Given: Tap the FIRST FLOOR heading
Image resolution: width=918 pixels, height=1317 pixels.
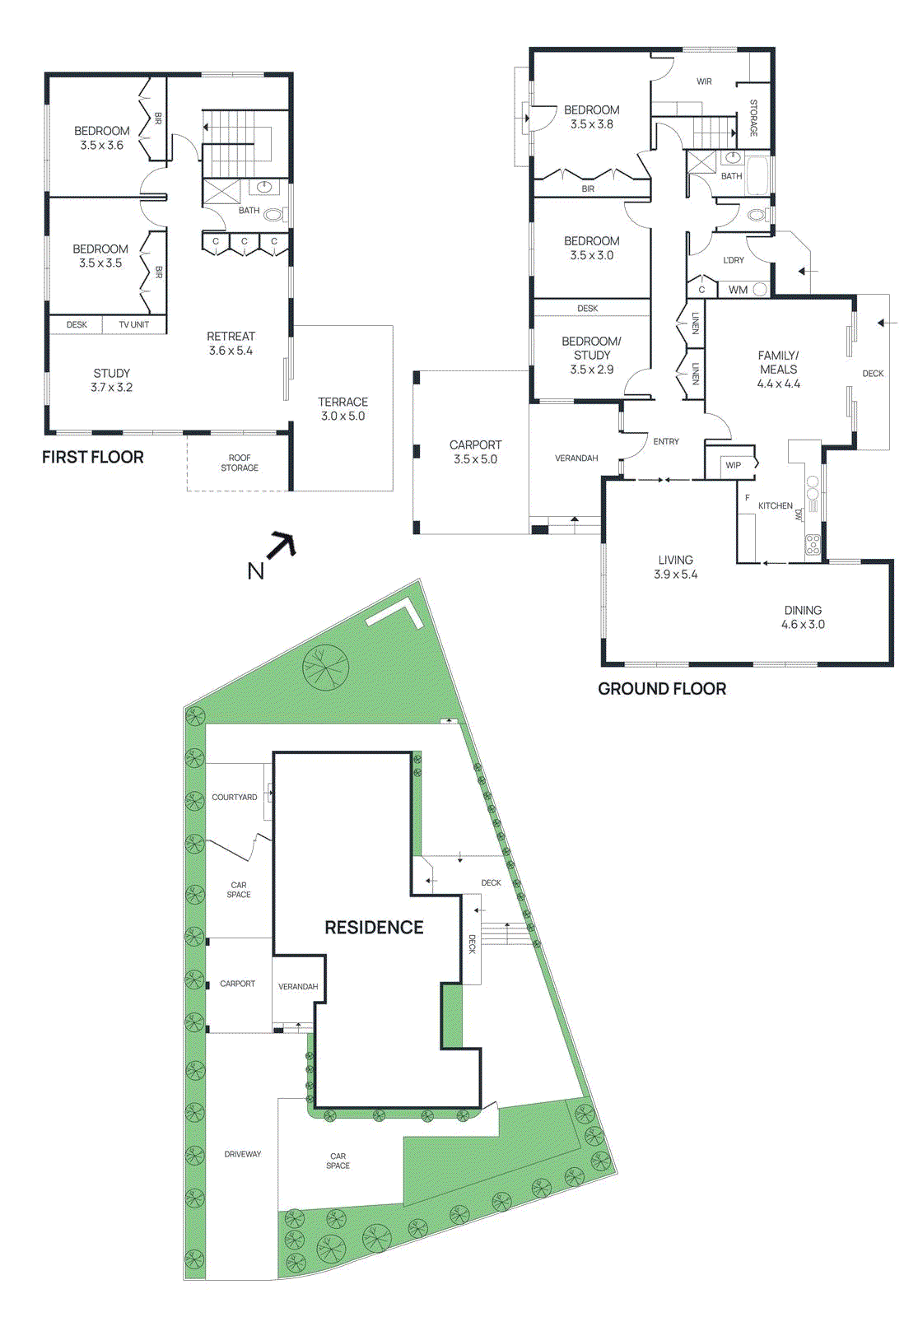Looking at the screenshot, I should coord(93,458).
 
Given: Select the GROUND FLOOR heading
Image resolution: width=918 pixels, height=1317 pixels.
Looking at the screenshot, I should coord(662,689).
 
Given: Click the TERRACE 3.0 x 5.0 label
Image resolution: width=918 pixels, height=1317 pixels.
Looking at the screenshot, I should coord(343,409).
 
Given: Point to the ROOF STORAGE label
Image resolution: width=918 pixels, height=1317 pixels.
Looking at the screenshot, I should coord(240,463).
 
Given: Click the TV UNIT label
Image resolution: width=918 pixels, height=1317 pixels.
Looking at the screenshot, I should coord(133,325).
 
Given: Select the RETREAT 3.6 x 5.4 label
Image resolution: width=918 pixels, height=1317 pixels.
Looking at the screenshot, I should coord(231,343).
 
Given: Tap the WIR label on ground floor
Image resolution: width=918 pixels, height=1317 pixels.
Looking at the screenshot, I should coord(704,81).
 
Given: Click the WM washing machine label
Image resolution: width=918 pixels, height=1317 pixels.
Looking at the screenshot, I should coord(738,290).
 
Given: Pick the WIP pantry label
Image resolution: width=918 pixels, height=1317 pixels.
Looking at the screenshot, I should coord(733,465).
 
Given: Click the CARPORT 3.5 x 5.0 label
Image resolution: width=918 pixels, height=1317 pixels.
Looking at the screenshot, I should coord(475,452).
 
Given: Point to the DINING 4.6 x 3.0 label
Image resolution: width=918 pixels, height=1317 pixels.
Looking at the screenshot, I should coord(803,617).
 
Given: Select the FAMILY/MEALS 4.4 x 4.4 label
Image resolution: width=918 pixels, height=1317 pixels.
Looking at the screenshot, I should coord(778,370).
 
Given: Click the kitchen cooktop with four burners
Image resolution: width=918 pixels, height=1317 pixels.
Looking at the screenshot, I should coord(812,543).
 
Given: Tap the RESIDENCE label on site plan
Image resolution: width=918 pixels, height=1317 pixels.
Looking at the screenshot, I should coord(374,928).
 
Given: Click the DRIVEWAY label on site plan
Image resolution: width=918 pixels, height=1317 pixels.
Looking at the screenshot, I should coord(243,1154).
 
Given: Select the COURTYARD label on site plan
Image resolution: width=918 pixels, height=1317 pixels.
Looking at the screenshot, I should coord(235,797).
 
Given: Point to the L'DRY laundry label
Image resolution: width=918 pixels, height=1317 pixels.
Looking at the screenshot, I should coord(733,260).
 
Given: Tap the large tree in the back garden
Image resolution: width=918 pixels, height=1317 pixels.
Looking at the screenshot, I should coord(325,667).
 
